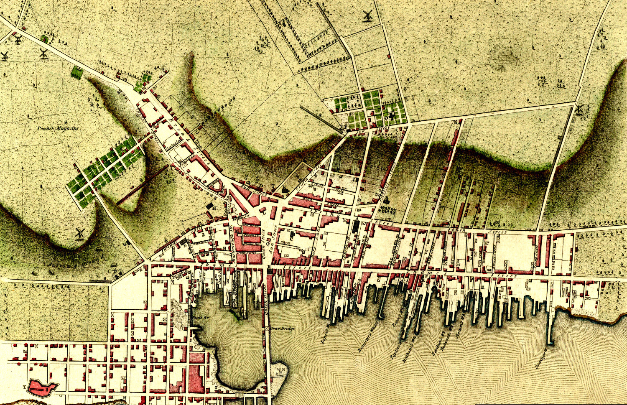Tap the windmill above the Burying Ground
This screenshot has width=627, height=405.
tap(79, 233)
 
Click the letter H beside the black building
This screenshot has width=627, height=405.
tap(214, 208)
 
